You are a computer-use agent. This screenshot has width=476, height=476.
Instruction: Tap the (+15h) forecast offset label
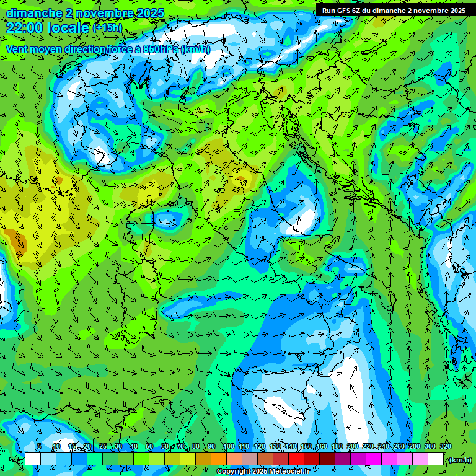coord(107,28)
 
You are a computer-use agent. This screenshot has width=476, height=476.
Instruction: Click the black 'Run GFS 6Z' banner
coord(394,10)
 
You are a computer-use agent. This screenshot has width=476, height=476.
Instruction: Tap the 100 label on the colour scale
coord(228,447)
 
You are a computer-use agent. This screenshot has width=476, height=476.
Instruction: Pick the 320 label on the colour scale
coord(445,447)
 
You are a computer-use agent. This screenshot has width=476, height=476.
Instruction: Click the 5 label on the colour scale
coord(38,447)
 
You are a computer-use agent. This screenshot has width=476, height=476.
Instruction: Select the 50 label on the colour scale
coord(149,447)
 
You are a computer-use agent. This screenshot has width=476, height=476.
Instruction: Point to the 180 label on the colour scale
coord(337,447)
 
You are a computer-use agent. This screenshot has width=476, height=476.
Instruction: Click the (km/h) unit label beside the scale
coord(459,459)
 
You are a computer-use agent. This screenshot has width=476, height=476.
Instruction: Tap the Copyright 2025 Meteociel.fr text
coord(263,472)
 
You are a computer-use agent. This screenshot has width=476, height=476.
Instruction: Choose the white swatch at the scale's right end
coord(436,459)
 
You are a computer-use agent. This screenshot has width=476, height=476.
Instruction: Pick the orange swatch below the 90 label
coord(219,459)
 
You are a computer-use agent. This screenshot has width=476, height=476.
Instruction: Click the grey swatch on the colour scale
coord(250,459)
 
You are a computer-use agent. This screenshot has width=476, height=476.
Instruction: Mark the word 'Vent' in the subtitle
coord(17,49)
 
